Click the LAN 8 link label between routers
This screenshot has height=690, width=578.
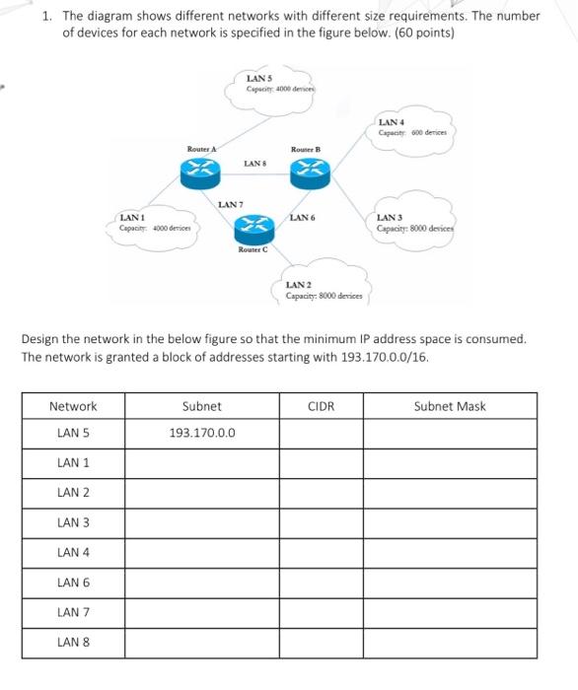[253, 163]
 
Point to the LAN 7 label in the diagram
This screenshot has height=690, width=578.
[229, 203]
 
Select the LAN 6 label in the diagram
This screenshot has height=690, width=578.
[301, 216]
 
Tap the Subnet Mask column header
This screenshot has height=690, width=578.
[450, 406]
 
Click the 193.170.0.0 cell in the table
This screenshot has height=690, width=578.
[201, 433]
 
